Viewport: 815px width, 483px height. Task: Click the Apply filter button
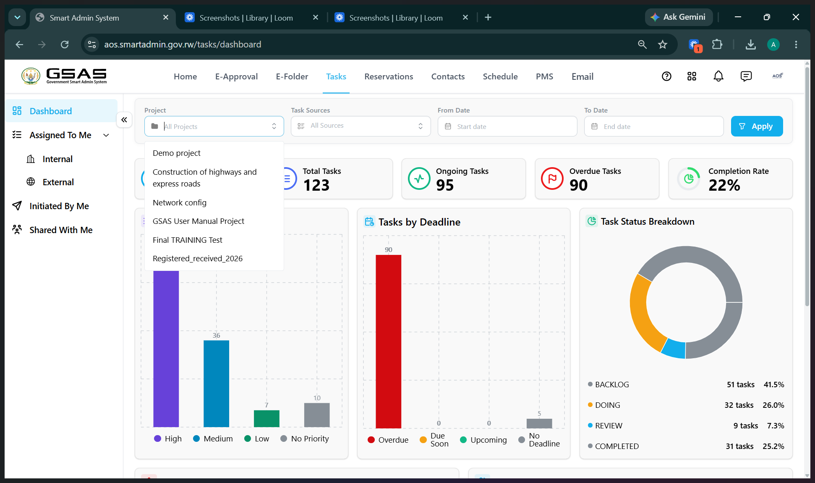(x=757, y=126)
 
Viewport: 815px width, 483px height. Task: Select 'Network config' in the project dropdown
(x=180, y=203)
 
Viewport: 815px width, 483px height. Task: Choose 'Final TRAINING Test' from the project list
(x=188, y=240)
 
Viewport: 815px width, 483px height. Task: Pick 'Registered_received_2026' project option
(x=198, y=259)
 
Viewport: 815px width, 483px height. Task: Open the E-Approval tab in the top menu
(x=236, y=77)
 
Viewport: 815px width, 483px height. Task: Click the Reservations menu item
(x=389, y=77)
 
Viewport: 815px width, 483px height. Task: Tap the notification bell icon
(x=718, y=76)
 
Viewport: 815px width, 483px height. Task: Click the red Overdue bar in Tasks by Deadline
(x=389, y=341)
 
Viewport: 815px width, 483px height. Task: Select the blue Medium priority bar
(x=217, y=383)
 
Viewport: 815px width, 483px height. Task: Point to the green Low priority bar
(x=266, y=419)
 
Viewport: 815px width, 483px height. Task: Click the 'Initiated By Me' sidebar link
(x=59, y=206)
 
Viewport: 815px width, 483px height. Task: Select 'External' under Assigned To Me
(x=58, y=182)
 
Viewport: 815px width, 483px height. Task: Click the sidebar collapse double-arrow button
(x=124, y=120)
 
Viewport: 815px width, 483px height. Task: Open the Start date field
(x=507, y=126)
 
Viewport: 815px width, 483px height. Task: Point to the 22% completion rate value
(x=724, y=185)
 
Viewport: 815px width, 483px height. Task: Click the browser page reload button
(x=65, y=45)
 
